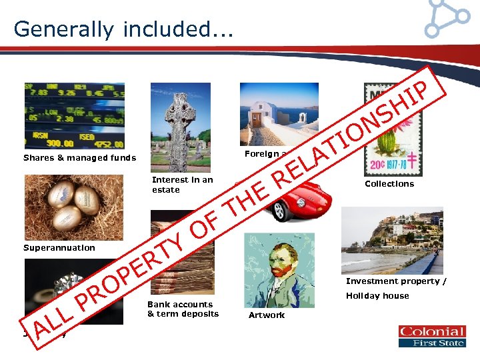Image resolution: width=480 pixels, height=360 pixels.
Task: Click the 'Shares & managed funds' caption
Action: [x=79, y=158]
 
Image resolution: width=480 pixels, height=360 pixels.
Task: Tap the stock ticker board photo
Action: [x=74, y=115]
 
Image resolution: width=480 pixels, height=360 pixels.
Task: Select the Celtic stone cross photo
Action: [x=180, y=127]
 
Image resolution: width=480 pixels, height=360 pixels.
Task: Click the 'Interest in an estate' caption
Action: [x=182, y=185]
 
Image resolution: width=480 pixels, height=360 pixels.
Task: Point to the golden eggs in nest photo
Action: [x=73, y=207]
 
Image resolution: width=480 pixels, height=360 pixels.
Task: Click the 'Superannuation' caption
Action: [x=59, y=248]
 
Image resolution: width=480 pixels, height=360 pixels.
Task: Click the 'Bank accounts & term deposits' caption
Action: [x=182, y=309]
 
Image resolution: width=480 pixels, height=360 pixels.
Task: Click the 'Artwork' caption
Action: [x=267, y=315]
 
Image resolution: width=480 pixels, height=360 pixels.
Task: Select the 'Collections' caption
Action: [x=389, y=184]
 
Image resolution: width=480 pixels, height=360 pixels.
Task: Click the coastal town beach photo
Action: [x=391, y=240]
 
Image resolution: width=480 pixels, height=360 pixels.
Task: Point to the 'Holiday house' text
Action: [x=377, y=296]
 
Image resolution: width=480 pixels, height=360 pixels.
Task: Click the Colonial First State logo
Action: [x=431, y=336]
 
